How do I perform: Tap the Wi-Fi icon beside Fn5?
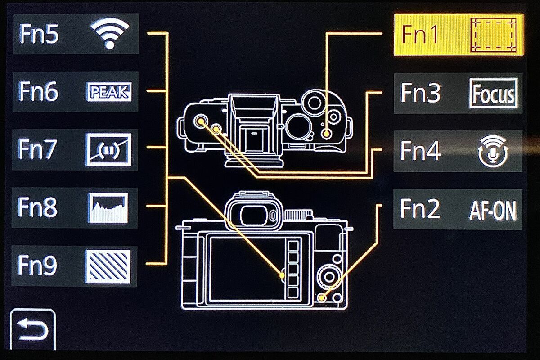110,33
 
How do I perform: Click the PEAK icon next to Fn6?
109,92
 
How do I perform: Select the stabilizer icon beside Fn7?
109,150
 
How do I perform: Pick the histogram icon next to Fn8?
108,208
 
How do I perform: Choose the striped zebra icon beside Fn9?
108,266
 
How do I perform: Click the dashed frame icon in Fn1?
493,35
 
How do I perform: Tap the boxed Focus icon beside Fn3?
493,93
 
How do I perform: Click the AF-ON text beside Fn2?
493,210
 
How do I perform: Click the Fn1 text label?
420,35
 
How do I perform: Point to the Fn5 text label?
39,34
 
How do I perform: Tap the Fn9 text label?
37,265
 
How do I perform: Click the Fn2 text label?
420,208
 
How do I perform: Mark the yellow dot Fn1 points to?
326,134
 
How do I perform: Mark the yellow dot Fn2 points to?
322,298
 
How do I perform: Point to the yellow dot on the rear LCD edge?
282,275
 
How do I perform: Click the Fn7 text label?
38,149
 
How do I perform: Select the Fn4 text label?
420,151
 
